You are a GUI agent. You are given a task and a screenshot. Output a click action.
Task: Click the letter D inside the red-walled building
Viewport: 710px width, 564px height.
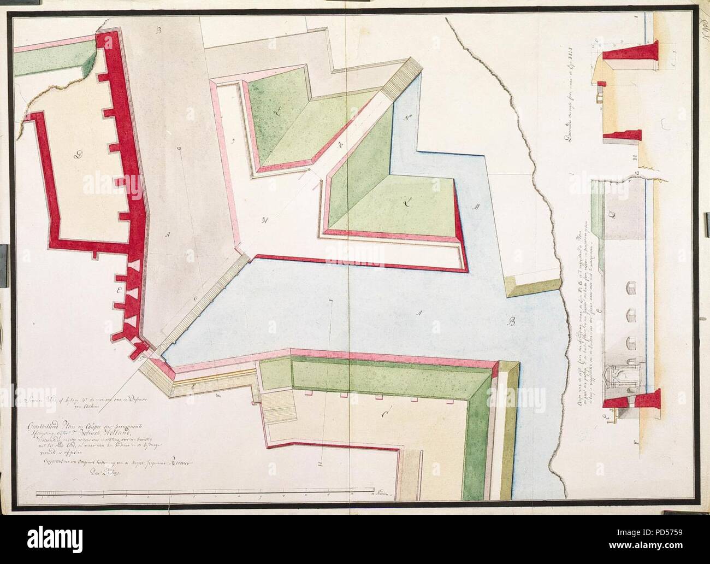(78, 156)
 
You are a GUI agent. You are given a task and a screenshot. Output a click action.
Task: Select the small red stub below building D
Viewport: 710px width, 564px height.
(95, 254)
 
